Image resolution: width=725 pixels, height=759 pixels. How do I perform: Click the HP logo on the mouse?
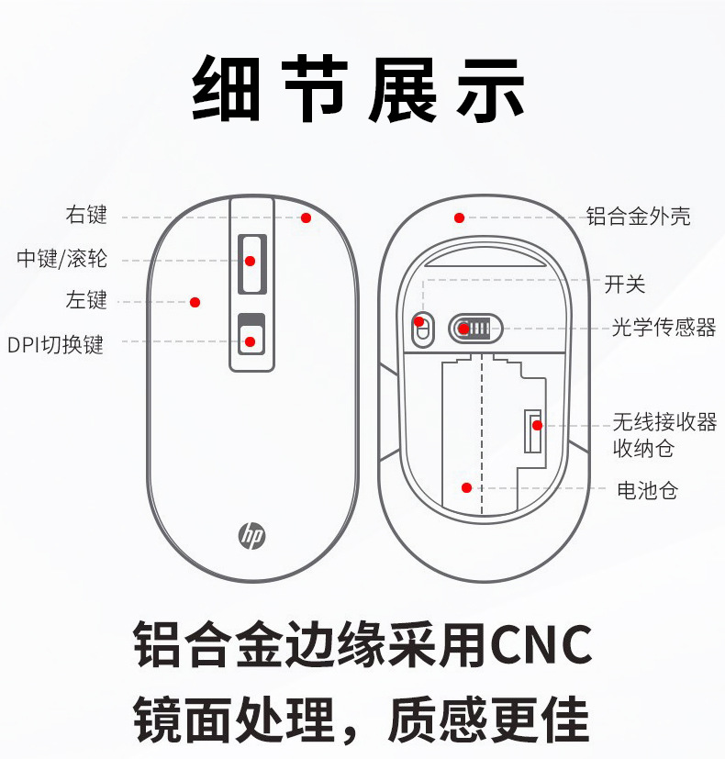tap(252, 535)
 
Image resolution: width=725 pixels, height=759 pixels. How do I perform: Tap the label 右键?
tap(86, 216)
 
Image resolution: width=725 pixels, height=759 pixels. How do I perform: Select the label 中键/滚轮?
tap(62, 259)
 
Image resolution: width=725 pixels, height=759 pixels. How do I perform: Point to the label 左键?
tap(86, 300)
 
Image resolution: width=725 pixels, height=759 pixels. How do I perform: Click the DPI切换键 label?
tap(56, 345)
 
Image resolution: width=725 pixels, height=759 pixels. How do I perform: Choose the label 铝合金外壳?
tap(638, 217)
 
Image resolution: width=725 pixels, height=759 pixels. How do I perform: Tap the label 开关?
tap(625, 285)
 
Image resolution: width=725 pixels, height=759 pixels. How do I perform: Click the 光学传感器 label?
tap(664, 328)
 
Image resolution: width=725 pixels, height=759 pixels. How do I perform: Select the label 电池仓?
tap(647, 490)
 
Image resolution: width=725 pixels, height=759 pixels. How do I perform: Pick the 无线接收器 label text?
tap(664, 422)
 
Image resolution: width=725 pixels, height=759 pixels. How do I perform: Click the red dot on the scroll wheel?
tap(250, 261)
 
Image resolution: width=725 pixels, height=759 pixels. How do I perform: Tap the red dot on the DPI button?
tap(250, 342)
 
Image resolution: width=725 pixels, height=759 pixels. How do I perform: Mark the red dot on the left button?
tap(195, 301)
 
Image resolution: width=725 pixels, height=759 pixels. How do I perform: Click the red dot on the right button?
tap(306, 218)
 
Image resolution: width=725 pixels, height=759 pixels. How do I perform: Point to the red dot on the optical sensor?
tap(464, 329)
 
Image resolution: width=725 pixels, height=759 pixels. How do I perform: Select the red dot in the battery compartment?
tap(466, 487)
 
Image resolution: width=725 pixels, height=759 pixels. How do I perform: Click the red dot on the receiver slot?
tap(537, 425)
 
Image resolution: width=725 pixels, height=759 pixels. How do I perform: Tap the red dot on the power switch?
tap(419, 322)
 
